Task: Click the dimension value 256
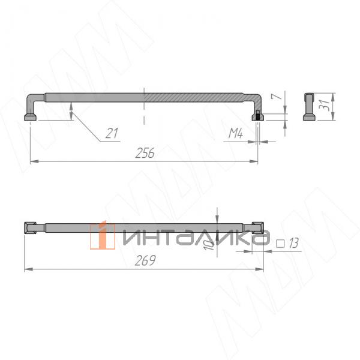click(x=145, y=153)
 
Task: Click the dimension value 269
click(x=145, y=261)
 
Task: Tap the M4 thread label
click(x=235, y=134)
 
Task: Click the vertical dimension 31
click(x=324, y=106)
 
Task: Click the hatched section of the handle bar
click(x=192, y=96)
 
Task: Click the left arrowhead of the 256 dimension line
click(x=33, y=161)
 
